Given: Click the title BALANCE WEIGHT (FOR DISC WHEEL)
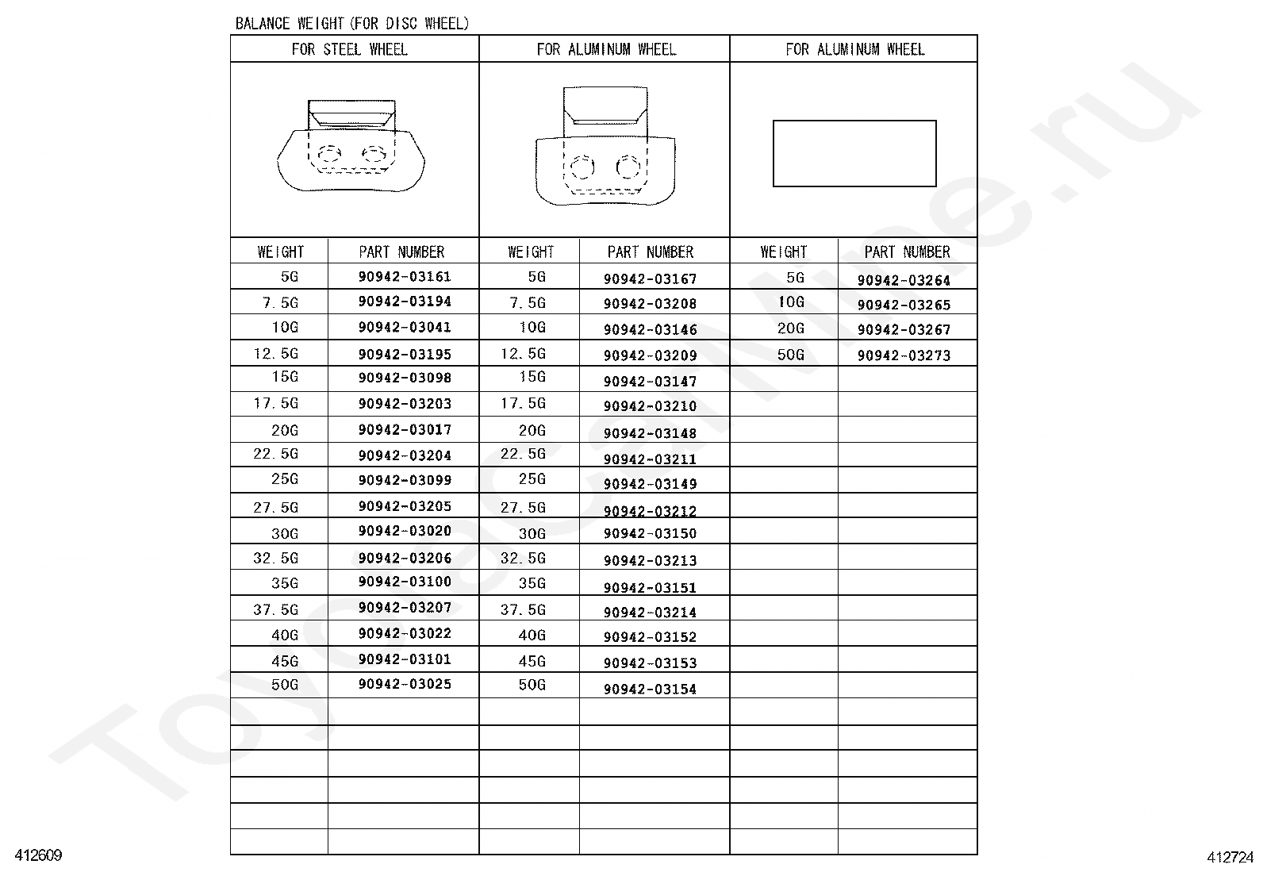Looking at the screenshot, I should coord(351,23).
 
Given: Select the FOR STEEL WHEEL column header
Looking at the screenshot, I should coord(349,49).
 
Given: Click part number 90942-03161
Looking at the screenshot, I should coord(405,277).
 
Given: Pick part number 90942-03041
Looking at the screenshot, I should coord(405,327).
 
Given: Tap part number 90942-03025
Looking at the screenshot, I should coord(405,684).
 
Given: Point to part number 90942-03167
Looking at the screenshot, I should coord(650,279).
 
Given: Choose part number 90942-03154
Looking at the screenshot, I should coord(650,689).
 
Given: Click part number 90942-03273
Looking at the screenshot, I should coord(904,355).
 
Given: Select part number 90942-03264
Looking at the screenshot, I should coord(904,280).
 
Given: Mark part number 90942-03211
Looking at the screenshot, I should coord(650,459).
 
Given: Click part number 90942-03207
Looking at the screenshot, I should coord(405,608).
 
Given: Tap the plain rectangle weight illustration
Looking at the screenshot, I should coord(854,153).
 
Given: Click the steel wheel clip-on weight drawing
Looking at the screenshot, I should coord(351,147).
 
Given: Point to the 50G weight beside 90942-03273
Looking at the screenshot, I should coord(790,355).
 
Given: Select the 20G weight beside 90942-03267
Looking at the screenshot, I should coord(790,328).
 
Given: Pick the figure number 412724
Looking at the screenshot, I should coord(1230,857).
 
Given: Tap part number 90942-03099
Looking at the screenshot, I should coord(405,480).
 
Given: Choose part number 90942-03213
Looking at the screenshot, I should coord(650,560).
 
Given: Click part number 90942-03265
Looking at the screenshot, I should coord(904,305).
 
